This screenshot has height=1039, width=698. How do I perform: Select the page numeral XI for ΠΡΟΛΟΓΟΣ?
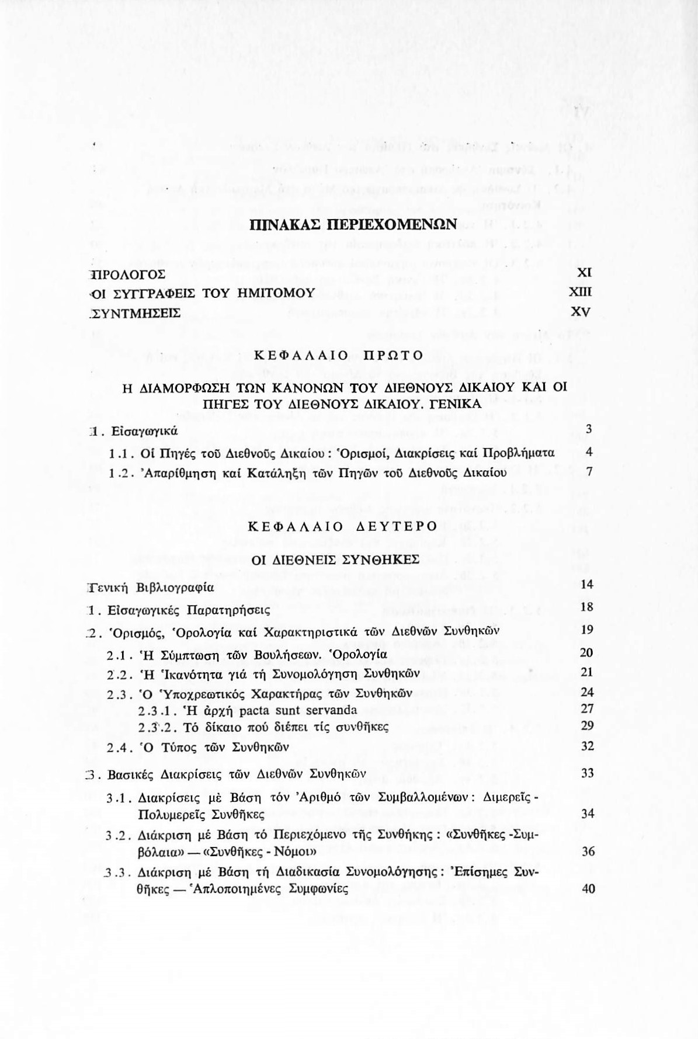click(585, 273)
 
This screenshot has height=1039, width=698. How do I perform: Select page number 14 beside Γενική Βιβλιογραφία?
click(588, 585)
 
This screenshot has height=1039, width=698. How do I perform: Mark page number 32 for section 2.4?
click(588, 746)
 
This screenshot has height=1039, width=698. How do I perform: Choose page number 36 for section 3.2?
click(588, 852)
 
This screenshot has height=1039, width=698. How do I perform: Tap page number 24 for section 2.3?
click(588, 692)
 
